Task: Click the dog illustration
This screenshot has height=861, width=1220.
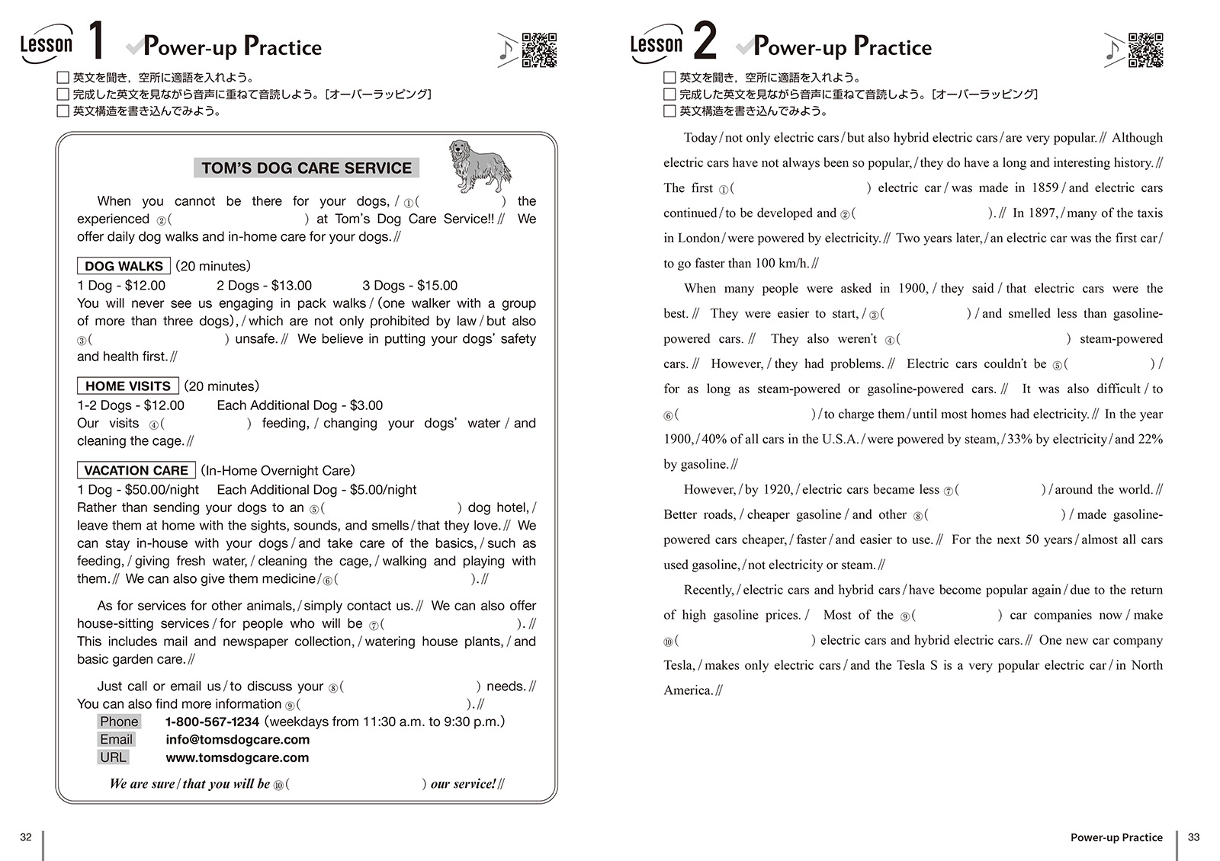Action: (x=479, y=165)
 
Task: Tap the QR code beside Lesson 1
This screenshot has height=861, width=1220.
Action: (x=539, y=50)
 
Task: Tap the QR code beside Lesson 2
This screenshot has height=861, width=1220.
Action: (x=1146, y=50)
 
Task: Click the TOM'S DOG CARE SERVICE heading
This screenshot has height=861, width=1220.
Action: (x=307, y=168)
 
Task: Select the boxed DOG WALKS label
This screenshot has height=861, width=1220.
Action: (x=124, y=266)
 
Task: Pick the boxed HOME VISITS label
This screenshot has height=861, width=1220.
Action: (x=127, y=386)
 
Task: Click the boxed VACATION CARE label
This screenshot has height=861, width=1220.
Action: (x=136, y=470)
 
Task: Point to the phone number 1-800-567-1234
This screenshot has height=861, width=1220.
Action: (x=212, y=722)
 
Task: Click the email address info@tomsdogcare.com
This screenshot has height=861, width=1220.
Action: (x=237, y=739)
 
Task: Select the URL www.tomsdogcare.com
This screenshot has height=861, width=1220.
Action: (x=237, y=757)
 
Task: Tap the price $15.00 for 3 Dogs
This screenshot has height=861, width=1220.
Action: (x=437, y=286)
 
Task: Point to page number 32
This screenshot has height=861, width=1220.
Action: (x=26, y=837)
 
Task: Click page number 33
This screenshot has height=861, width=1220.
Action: (x=1193, y=837)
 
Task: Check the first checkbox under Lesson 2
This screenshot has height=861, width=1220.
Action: (x=669, y=78)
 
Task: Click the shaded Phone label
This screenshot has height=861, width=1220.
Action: (x=119, y=722)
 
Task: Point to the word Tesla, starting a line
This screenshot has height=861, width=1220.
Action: (x=679, y=665)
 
